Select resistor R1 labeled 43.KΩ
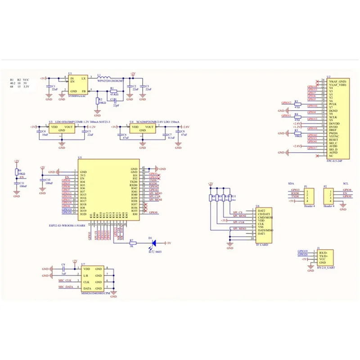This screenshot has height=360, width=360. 113,90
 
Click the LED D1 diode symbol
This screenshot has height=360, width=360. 153,243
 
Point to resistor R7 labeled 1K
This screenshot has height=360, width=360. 132,243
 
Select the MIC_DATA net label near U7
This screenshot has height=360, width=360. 66,287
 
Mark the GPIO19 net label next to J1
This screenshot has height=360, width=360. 302,251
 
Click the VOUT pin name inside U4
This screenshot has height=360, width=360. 148,127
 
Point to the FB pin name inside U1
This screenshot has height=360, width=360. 83,90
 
